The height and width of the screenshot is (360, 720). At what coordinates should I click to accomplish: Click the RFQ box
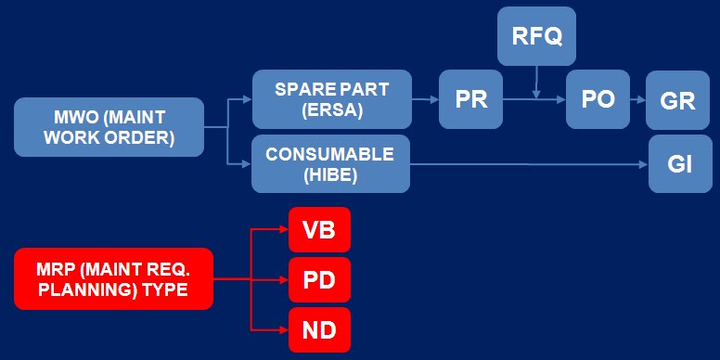pyautogui.click(x=536, y=36)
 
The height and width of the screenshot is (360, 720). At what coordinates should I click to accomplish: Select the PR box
pyautogui.click(x=471, y=99)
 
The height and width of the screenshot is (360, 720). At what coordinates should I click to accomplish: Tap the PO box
pyautogui.click(x=598, y=98)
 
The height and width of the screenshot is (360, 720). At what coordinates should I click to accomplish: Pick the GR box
pyautogui.click(x=678, y=99)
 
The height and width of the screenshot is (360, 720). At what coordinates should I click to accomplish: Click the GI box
pyautogui.click(x=679, y=163)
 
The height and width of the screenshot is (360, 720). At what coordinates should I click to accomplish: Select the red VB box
pyautogui.click(x=319, y=229)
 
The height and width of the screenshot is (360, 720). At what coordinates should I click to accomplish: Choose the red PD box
pyautogui.click(x=319, y=278)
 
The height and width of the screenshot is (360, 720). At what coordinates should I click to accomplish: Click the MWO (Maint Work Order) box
pyautogui.click(x=109, y=127)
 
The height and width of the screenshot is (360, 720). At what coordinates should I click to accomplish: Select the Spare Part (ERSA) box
pyautogui.click(x=331, y=99)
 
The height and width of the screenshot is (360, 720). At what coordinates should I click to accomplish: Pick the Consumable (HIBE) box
pyautogui.click(x=330, y=163)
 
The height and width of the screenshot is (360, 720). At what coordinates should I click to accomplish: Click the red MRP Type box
pyautogui.click(x=113, y=278)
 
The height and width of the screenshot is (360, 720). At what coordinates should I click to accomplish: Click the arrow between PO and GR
pyautogui.click(x=637, y=99)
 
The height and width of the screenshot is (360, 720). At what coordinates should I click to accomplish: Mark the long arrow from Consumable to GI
pyautogui.click(x=529, y=164)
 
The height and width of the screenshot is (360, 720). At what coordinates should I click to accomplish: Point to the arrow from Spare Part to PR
pyautogui.click(x=425, y=99)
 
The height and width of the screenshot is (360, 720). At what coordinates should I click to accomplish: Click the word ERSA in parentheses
pyautogui.click(x=331, y=110)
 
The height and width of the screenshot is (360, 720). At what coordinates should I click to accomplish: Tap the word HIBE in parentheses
pyautogui.click(x=330, y=174)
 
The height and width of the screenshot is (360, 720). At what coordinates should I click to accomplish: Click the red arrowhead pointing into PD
pyautogui.click(x=282, y=278)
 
